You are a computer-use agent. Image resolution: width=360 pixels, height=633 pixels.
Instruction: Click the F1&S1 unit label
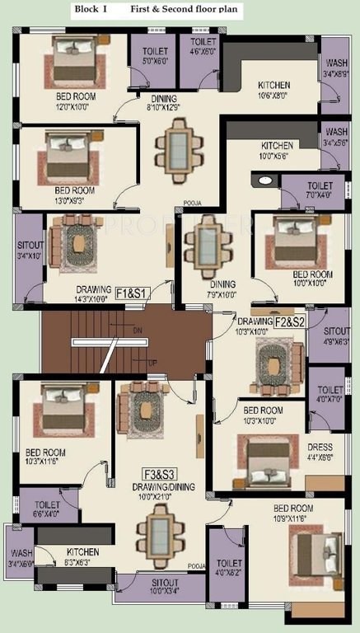[131, 292]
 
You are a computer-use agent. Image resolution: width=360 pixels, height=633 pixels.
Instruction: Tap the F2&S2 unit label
[290, 321]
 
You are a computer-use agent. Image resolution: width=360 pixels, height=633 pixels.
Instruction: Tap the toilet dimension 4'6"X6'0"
[203, 51]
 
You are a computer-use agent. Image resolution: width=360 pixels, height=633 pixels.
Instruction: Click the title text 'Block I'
[90, 9]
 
